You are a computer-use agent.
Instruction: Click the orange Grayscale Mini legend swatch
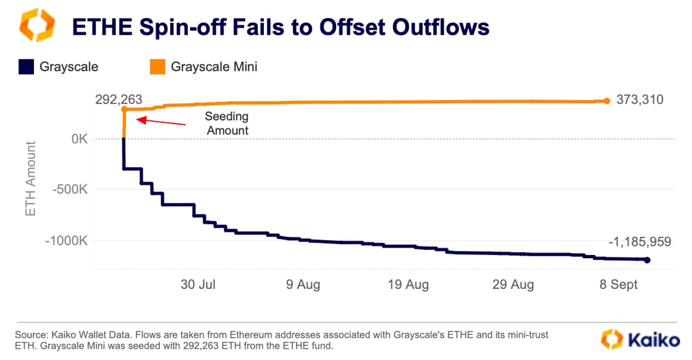(158, 67)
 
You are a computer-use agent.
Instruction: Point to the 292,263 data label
(119, 99)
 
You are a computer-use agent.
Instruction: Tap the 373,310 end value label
(640, 99)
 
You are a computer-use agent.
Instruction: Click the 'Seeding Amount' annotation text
(227, 123)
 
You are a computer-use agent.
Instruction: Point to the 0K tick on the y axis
(78, 139)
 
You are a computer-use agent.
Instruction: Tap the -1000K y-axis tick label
(66, 241)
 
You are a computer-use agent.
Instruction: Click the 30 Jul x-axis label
(198, 285)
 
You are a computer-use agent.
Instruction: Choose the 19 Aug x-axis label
(408, 285)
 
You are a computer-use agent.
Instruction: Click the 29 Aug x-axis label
(513, 285)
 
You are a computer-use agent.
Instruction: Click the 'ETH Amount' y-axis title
(30, 178)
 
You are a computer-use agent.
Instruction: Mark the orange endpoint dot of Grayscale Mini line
(607, 101)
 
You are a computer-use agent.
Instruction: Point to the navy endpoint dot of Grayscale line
(647, 260)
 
